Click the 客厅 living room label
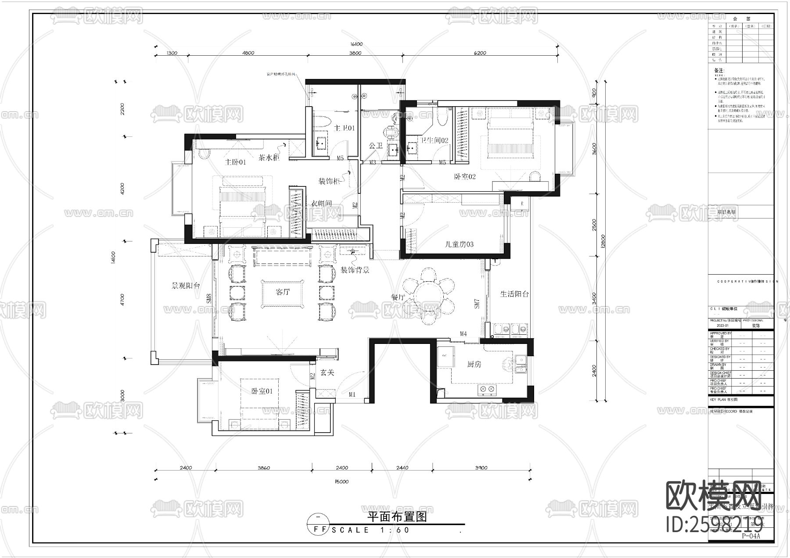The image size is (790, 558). click(283, 292)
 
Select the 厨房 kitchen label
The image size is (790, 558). click(474, 364)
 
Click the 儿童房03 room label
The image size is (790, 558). click(459, 244)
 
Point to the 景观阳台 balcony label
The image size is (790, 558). click(186, 286)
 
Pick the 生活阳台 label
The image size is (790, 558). click(514, 294)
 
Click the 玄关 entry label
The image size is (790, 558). click(327, 372)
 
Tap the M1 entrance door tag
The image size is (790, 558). click(352, 395)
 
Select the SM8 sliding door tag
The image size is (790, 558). click(209, 299)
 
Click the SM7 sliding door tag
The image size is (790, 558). click(477, 304)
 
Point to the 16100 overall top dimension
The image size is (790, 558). click(356, 44)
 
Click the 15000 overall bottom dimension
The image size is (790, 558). click(341, 481)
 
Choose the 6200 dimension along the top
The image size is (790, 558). click(480, 53)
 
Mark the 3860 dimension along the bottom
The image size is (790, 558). click(263, 468)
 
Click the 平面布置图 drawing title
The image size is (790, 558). click(397, 517)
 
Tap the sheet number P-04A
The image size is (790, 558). click(750, 536)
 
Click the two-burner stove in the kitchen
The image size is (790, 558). click(487, 389)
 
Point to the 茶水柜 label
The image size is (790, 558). click(269, 157)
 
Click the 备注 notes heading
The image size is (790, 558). click(719, 70)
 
